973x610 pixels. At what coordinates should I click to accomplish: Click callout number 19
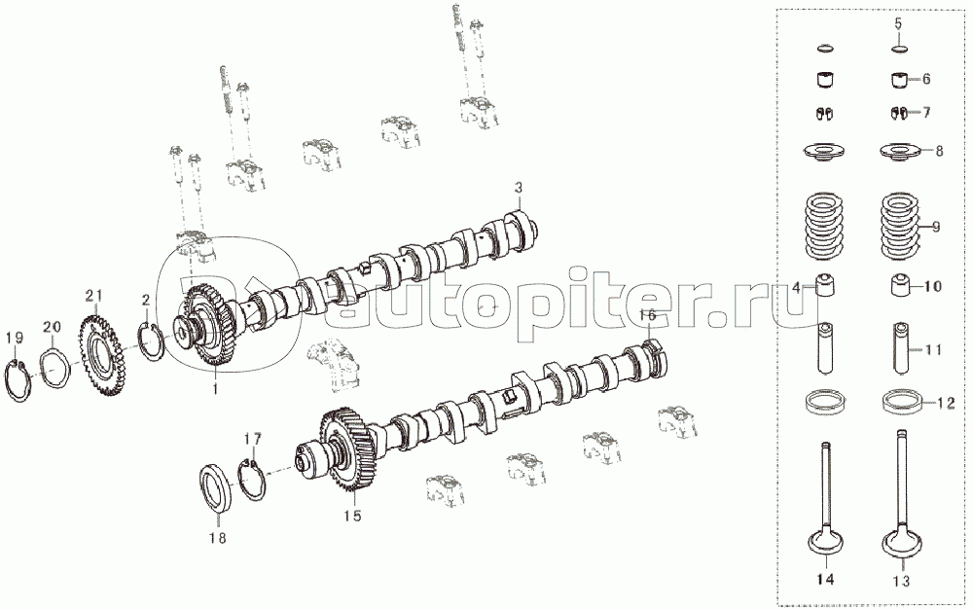[x=15, y=339]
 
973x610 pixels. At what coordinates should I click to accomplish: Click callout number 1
[x=215, y=390]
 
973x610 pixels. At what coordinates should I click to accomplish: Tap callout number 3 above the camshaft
[x=519, y=187]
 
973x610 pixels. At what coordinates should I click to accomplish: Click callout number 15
[x=352, y=515]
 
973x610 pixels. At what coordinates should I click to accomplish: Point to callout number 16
[x=647, y=315]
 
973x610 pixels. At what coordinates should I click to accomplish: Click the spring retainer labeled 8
[x=902, y=151]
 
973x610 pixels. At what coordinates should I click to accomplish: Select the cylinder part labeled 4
[x=823, y=285]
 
